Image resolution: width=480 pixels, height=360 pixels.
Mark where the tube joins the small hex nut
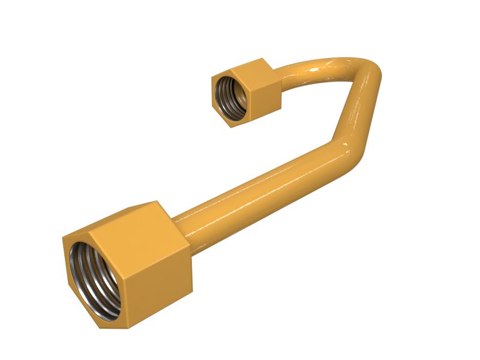tap(280, 78)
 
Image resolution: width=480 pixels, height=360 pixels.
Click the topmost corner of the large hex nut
tap(156, 202)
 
